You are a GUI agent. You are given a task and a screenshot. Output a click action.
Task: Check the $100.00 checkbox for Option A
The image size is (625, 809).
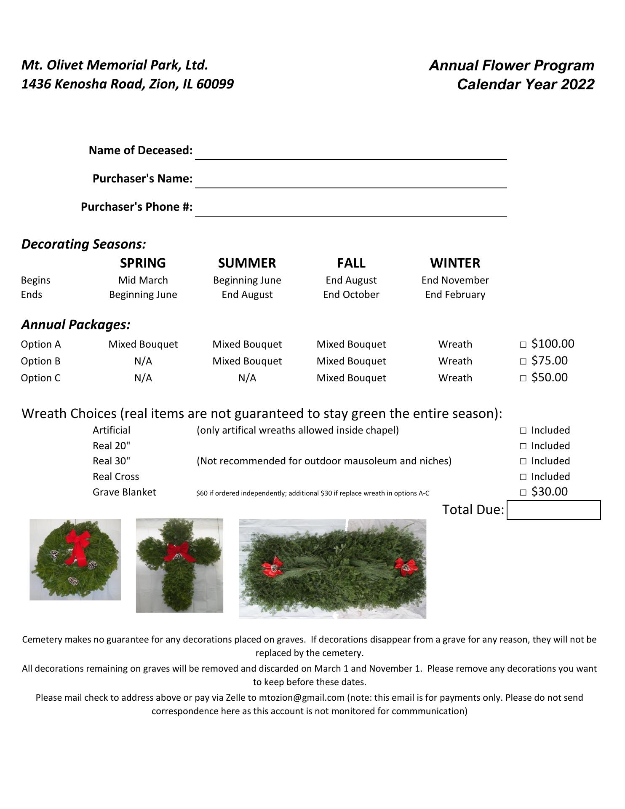[523, 345]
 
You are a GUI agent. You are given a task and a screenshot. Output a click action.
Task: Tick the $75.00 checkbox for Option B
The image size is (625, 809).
[523, 362]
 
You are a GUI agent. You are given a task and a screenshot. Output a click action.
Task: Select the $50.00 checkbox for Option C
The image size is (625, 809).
[523, 378]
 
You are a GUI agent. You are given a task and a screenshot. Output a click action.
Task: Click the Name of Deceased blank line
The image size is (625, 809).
[350, 153]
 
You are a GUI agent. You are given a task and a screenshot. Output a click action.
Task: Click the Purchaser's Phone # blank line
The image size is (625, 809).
[350, 209]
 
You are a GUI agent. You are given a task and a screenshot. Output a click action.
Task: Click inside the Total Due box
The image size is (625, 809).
[553, 510]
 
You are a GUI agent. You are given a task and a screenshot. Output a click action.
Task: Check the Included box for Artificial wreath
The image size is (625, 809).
[523, 431]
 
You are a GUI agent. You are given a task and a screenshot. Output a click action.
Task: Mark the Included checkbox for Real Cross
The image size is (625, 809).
[523, 477]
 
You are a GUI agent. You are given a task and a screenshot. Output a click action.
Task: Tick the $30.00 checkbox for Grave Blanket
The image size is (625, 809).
[523, 492]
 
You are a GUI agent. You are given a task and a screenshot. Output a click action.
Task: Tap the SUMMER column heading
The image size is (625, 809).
[247, 263]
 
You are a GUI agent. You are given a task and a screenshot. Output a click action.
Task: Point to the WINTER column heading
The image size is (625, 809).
[455, 263]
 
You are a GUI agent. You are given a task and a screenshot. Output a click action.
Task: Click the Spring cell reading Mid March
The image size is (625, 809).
[143, 280]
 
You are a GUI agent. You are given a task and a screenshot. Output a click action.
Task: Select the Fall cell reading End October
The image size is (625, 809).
[351, 295]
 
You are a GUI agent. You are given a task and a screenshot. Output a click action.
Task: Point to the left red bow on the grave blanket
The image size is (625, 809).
[272, 567]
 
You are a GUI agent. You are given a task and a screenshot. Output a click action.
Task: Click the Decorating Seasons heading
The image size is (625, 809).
[83, 244]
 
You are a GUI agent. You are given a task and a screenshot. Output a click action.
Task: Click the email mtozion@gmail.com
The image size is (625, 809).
[302, 697]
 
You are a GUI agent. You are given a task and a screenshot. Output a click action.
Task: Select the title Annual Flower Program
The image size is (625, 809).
[511, 65]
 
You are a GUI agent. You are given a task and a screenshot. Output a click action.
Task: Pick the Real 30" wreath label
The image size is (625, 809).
[111, 461]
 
